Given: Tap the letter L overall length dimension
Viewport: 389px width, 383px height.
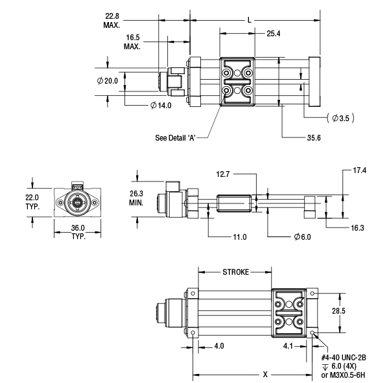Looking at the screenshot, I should click(x=250, y=20).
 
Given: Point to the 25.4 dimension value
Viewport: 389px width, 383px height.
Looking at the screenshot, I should click(x=273, y=34).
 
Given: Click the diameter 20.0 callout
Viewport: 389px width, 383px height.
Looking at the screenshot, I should click(x=108, y=81).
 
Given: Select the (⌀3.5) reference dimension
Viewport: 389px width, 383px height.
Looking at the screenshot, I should click(x=341, y=118).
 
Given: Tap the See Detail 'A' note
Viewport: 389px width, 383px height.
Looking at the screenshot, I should click(x=176, y=137).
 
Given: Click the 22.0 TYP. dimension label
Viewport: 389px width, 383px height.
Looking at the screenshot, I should click(x=32, y=202).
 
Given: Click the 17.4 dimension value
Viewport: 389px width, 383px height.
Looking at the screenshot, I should click(x=360, y=171).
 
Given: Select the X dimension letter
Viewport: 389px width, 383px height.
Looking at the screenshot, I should click(x=265, y=375).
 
